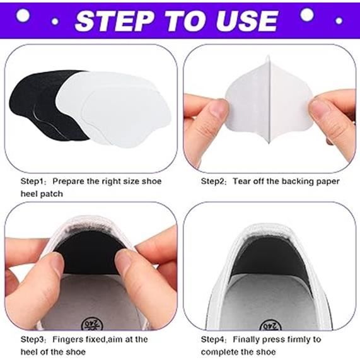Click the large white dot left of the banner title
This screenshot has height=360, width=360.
click(23, 15)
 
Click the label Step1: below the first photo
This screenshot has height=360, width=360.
click(33, 182)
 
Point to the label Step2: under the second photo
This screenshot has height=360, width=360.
click(214, 182)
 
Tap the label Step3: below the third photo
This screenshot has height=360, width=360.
click(33, 339)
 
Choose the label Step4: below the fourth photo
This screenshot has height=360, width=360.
click(214, 339)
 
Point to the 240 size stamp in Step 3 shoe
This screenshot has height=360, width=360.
click(92, 324)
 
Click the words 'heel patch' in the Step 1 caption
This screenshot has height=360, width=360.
click(42, 194)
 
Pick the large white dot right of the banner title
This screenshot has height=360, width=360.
click(307, 15)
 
